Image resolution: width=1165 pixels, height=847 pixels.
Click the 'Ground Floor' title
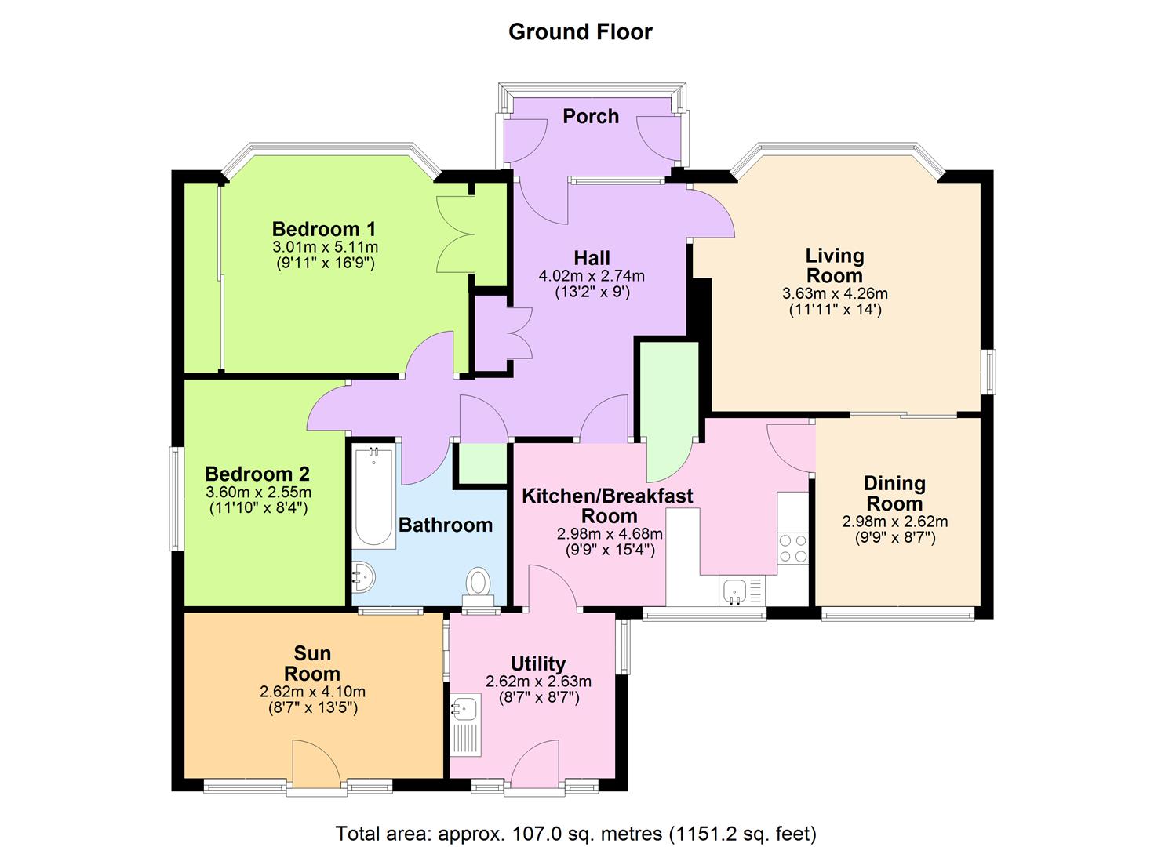(x=580, y=32)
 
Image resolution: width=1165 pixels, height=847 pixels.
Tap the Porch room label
(x=591, y=116)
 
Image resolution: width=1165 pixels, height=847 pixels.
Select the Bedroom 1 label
(x=324, y=229)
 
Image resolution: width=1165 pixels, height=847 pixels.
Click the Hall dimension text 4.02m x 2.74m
(x=592, y=276)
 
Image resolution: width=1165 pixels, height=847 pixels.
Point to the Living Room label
(x=835, y=266)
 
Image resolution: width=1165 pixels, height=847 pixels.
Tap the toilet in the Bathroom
(x=478, y=584)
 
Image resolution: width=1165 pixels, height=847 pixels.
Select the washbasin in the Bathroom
(x=365, y=579)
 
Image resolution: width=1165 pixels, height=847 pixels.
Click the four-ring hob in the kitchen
(x=792, y=548)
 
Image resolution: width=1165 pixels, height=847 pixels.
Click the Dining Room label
(x=894, y=493)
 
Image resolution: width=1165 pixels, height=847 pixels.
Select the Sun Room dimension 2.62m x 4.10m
(x=312, y=692)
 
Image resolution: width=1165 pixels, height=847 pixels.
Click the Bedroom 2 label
(x=257, y=474)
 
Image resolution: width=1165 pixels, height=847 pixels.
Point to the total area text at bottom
(x=576, y=833)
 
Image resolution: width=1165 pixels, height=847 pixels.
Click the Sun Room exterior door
(x=315, y=765)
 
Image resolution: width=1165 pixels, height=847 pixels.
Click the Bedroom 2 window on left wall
(x=178, y=499)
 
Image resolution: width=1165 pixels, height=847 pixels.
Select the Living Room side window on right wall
(x=991, y=371)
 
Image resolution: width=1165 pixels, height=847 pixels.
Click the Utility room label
(x=538, y=663)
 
